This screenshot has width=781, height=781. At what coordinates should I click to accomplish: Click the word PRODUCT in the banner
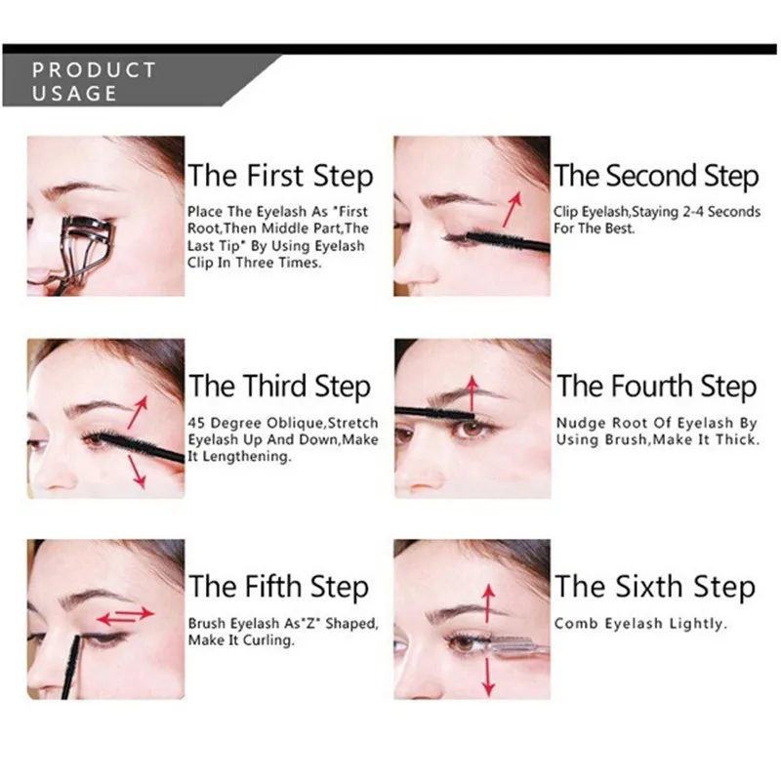click(94, 69)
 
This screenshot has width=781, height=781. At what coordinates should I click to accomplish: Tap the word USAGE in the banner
click(75, 94)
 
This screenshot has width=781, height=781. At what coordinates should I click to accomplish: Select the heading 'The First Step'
click(280, 177)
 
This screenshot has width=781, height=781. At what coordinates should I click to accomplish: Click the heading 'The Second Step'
click(656, 177)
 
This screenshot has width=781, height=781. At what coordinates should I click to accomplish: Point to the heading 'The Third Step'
click(279, 387)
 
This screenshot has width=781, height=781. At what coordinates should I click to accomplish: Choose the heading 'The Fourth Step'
click(656, 387)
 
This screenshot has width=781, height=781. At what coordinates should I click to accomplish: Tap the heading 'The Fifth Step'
click(278, 587)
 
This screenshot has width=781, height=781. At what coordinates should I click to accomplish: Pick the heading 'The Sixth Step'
click(655, 587)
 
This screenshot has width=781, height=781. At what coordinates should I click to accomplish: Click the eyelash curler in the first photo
click(80, 254)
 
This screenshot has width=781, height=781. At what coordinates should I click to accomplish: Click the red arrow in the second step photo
click(512, 208)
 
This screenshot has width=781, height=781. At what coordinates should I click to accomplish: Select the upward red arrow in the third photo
click(138, 412)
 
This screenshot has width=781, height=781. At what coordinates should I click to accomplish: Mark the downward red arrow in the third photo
click(137, 472)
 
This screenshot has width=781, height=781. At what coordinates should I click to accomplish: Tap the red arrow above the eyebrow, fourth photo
click(473, 394)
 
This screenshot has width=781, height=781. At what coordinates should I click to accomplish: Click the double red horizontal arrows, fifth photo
click(126, 616)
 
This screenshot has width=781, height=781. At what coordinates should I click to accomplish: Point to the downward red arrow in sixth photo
click(489, 677)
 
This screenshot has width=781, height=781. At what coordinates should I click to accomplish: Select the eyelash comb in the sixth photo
click(517, 647)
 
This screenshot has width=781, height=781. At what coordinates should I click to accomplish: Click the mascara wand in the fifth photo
click(70, 667)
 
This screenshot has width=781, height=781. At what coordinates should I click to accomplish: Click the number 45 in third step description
click(197, 423)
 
